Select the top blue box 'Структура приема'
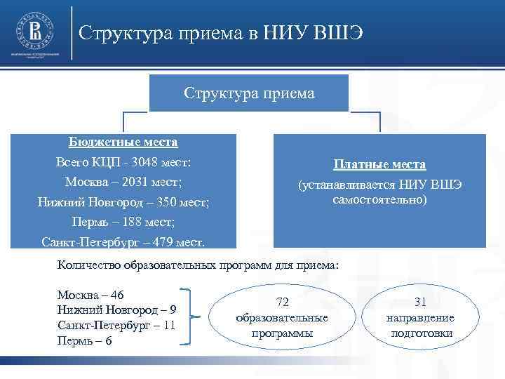tap(249, 93)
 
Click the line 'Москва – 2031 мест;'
tap(123, 182)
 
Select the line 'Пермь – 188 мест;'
tap(123, 222)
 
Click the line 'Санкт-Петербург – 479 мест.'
tap(123, 243)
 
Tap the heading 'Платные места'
tap(379, 164)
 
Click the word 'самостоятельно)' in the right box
tap(379, 200)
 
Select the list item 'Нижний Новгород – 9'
tap(116, 310)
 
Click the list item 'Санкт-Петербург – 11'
tap(116, 326)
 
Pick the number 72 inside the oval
tap(282, 302)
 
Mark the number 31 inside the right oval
tap(421, 302)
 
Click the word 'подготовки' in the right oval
tap(421, 333)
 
